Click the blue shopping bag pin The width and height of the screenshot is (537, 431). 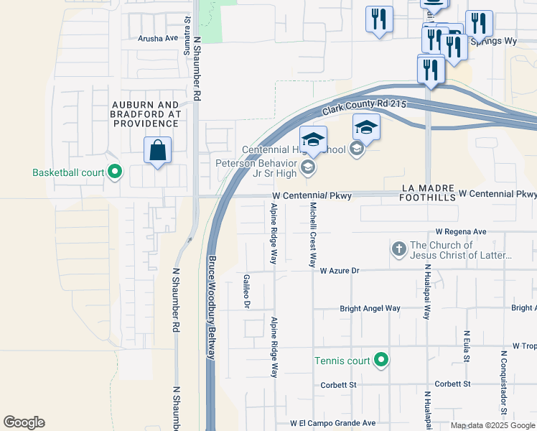(x=158, y=151)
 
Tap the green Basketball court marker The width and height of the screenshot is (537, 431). (x=114, y=172)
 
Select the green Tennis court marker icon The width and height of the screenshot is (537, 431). (x=381, y=360)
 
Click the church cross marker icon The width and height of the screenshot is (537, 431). (x=399, y=249)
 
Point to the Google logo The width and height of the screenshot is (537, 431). (x=24, y=422)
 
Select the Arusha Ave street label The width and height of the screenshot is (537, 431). (x=159, y=38)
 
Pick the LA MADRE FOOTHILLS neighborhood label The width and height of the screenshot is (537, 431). (x=428, y=193)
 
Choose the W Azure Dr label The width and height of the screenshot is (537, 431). (x=339, y=271)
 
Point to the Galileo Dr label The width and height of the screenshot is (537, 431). (x=246, y=291)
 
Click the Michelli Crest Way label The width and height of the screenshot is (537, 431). (x=313, y=234)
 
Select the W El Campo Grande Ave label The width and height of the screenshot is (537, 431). (x=332, y=423)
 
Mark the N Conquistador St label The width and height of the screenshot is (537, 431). (x=504, y=381)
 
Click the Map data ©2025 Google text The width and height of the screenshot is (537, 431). (x=492, y=425)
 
